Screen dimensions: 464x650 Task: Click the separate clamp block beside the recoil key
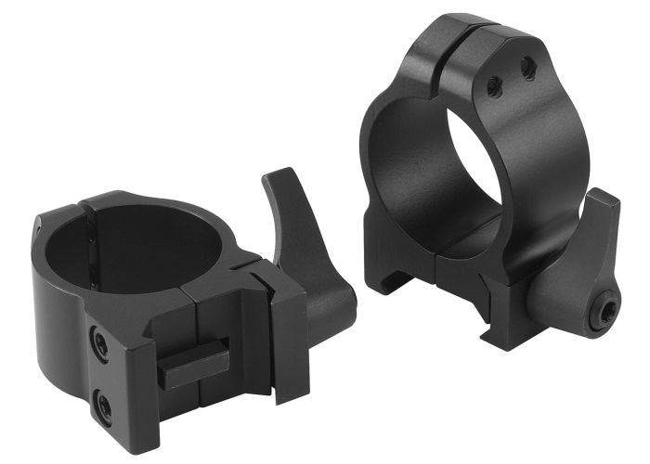point(284,320)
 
